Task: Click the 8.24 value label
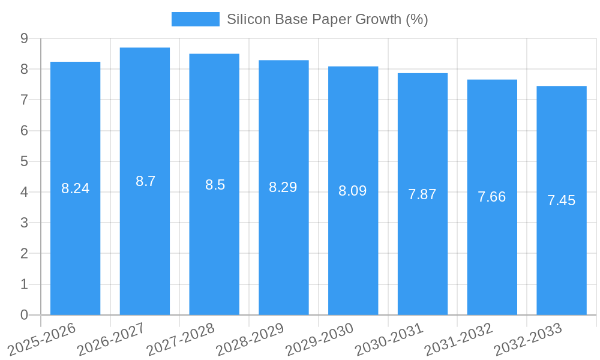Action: tap(75, 188)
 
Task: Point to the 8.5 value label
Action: tap(215, 185)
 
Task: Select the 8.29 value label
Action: tap(283, 187)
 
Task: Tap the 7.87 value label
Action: tap(422, 194)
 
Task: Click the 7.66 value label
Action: tap(491, 197)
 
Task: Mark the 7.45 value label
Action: tap(561, 200)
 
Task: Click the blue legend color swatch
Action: tap(196, 19)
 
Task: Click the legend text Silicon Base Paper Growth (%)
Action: tap(327, 19)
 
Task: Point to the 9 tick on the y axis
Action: tap(24, 38)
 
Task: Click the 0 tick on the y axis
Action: tap(24, 315)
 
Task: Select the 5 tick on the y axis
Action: tap(24, 161)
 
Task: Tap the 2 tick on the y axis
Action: tap(24, 254)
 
